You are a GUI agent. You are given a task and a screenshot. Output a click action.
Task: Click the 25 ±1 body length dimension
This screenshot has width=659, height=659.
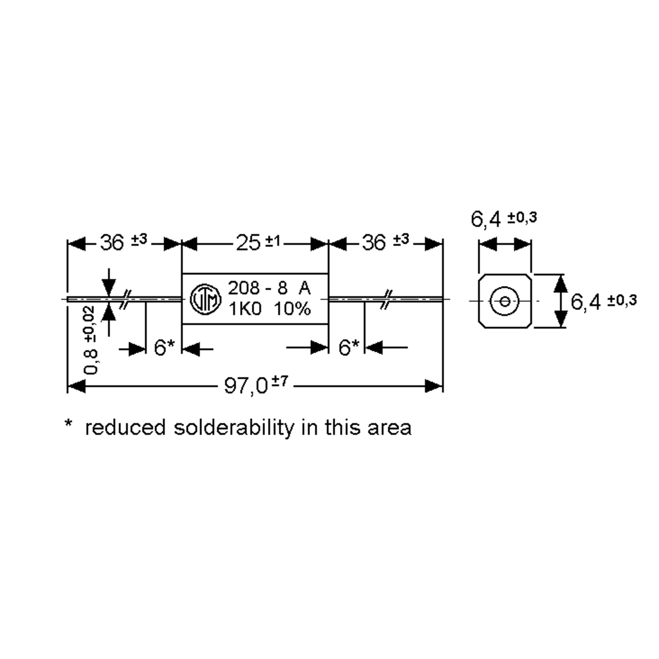(258, 243)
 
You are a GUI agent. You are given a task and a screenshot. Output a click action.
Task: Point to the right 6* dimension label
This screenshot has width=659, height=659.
(349, 348)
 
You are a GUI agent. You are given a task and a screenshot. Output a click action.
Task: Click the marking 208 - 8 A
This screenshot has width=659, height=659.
(269, 288)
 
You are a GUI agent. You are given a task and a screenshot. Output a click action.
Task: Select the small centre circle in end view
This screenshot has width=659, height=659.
(504, 301)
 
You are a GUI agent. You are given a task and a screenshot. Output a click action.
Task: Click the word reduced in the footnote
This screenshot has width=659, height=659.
(125, 428)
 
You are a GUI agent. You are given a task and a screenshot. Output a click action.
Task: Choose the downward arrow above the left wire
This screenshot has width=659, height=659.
(109, 283)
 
